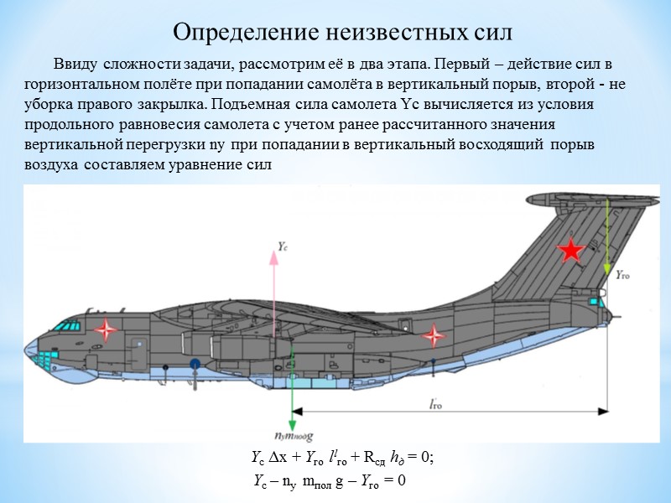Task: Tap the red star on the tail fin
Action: (x=571, y=250)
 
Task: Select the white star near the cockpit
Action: (x=106, y=329)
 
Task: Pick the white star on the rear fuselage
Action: (x=434, y=336)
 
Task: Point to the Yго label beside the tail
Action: (x=626, y=274)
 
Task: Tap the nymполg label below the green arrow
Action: (x=293, y=436)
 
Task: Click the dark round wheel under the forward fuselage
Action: (x=194, y=364)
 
